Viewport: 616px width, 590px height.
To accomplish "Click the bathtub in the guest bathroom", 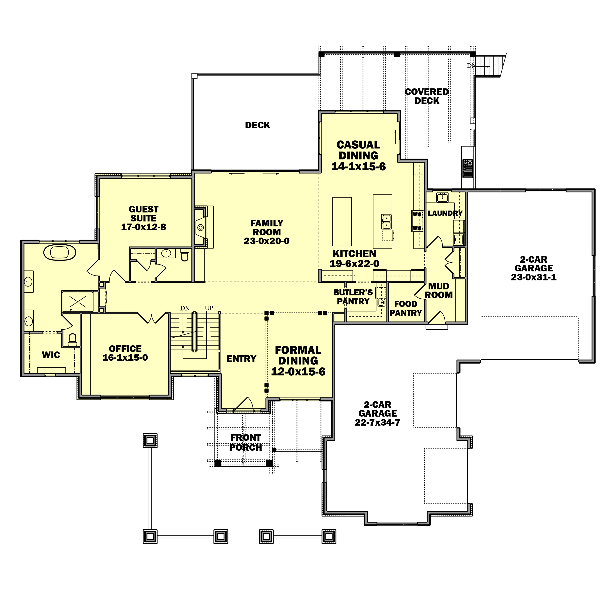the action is click(60, 252).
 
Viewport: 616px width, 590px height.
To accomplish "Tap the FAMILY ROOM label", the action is click(267, 228).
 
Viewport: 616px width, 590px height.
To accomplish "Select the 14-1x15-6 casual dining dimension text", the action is click(358, 166).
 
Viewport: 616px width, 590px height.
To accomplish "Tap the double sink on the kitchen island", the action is click(386, 222).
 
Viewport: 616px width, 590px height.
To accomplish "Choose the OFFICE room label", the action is click(125, 349).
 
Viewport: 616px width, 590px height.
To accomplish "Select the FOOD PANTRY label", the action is click(406, 308).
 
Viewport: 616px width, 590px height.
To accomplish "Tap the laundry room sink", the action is click(442, 197).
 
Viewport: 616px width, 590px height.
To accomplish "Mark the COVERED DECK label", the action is click(427, 96).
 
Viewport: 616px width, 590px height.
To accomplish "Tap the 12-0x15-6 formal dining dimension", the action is click(298, 372).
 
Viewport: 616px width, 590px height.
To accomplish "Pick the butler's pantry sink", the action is click(381, 302).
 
